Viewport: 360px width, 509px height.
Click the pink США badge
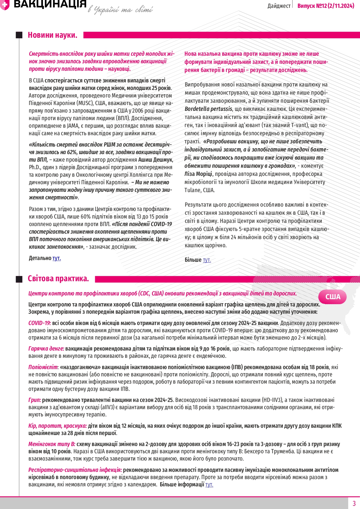[x=332, y=297]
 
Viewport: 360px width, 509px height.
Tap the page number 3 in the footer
[x=354, y=503]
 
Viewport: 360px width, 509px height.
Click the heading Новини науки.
[x=53, y=35]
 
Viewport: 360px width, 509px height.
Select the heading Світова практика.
[x=58, y=279]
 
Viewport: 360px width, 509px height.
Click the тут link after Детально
[x=57, y=258]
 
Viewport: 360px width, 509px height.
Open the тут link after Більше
[x=207, y=260]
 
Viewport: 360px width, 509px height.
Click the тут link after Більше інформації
[x=209, y=484]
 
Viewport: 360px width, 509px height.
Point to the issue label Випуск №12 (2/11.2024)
[x=326, y=6]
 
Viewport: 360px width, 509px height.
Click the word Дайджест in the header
[x=279, y=6]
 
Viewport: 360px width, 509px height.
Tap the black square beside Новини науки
[x=19, y=35]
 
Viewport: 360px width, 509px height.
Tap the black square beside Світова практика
[x=19, y=279]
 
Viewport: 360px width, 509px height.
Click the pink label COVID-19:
[x=39, y=323]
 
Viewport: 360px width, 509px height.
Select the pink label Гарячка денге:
[x=46, y=349]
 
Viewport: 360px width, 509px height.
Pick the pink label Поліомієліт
[x=43, y=367]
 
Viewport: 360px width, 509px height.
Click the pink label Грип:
[x=35, y=400]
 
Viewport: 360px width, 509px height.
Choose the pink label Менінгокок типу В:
[x=52, y=444]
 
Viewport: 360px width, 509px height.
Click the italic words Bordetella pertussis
[x=208, y=109]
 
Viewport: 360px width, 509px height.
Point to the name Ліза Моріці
[x=198, y=174]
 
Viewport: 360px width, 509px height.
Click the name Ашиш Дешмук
[x=155, y=160]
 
